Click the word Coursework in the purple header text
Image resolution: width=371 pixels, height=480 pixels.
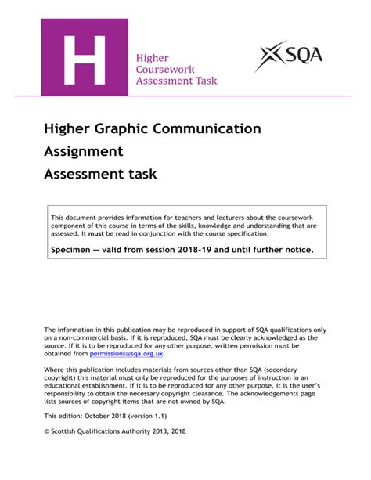(x=165, y=69)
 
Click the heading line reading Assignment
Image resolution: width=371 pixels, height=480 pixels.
(x=83, y=150)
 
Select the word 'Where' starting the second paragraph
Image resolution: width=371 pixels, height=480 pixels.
(x=54, y=370)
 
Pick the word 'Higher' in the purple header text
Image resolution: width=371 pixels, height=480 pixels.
(x=153, y=57)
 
